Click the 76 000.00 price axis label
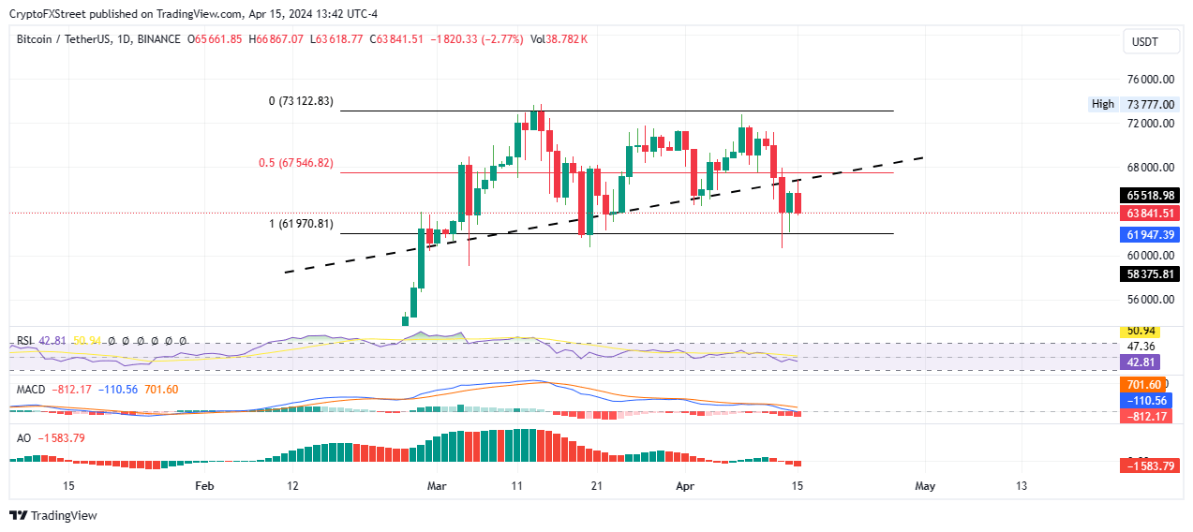coord(1149,81)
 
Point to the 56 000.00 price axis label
coord(1149,300)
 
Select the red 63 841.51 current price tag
coord(1149,214)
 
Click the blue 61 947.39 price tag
coord(1149,233)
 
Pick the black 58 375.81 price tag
coord(1149,273)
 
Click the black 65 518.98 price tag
coord(1149,196)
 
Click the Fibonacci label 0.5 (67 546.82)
coord(295,163)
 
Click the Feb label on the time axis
coord(204,486)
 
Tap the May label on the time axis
coord(925,486)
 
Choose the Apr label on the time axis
coord(686,486)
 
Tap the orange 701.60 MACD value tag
coord(1142,384)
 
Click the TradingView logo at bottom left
coord(53,515)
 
